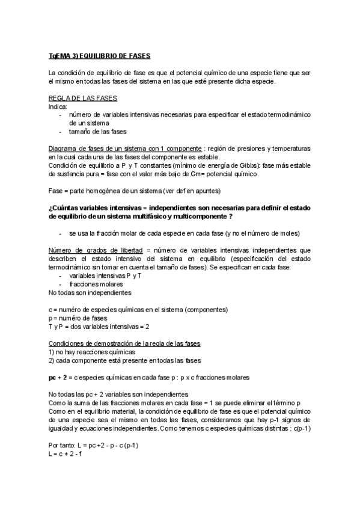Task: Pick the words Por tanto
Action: tap(63, 446)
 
